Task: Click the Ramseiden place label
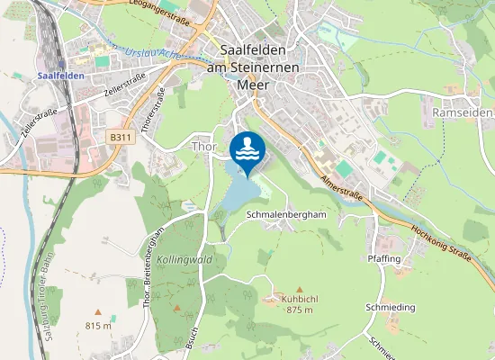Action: pos(462,112)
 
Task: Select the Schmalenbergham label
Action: pos(285,215)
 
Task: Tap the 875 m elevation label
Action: pos(299,310)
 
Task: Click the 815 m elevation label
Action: pos(98,325)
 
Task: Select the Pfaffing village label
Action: pos(384,258)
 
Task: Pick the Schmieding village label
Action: pos(391,307)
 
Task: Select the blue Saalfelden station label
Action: pos(61,76)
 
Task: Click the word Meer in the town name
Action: pos(253,85)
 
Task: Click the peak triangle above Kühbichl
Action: pos(299,289)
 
